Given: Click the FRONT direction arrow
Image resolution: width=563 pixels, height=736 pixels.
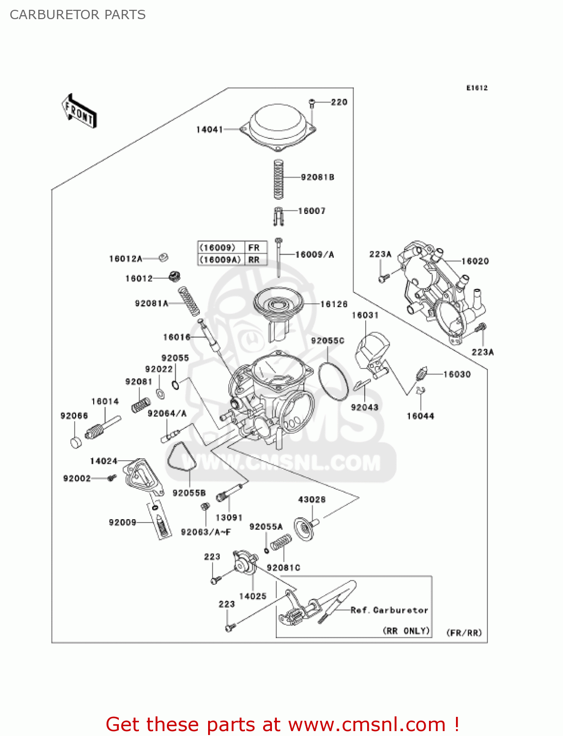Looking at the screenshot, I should click(x=79, y=111).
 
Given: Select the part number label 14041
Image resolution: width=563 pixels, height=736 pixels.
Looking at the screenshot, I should click(x=210, y=130).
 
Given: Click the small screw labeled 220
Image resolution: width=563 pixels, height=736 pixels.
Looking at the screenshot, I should click(x=312, y=103).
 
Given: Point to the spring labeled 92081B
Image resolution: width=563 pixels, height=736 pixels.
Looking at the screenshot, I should click(x=278, y=179).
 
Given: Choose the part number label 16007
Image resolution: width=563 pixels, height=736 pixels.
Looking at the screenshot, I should click(x=312, y=211).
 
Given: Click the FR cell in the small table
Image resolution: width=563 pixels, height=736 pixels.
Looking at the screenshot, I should click(x=254, y=248).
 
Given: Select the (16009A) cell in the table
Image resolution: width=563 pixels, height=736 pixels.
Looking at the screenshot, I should click(x=220, y=260).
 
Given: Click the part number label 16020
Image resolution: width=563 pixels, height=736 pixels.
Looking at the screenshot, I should click(x=475, y=262).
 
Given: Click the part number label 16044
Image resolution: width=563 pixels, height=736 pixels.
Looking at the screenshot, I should click(x=421, y=416).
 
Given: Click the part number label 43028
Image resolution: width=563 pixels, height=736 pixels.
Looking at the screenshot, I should click(x=312, y=499).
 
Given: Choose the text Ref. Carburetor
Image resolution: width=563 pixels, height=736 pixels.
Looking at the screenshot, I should click(x=389, y=610).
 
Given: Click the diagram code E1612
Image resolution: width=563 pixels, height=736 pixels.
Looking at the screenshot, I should click(x=477, y=88).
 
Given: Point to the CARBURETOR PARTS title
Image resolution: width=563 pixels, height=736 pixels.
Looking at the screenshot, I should click(x=78, y=15).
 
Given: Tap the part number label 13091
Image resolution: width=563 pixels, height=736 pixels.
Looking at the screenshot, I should click(x=229, y=518).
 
